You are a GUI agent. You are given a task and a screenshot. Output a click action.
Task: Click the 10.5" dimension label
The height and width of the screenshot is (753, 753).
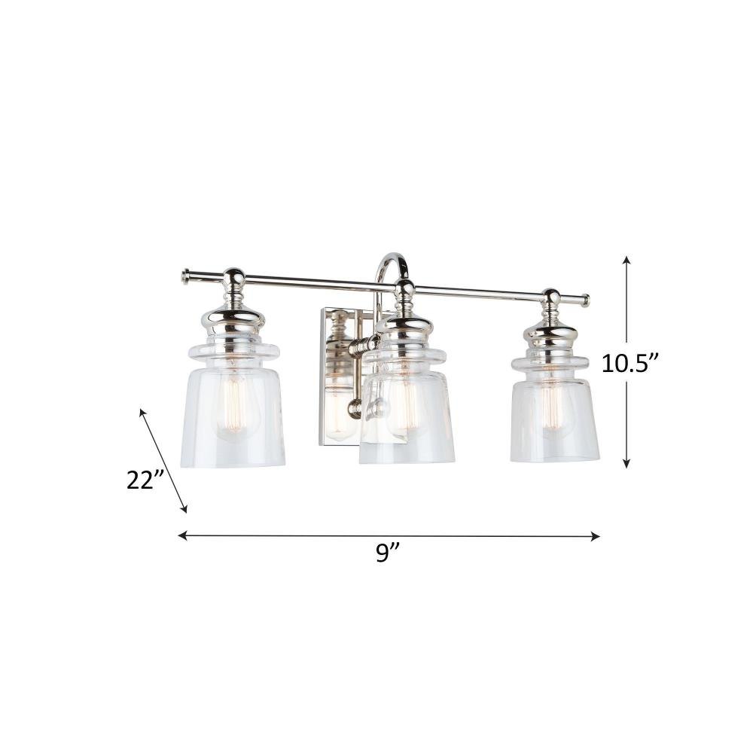[629, 364]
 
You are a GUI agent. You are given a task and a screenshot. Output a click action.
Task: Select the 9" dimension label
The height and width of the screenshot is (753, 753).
[388, 553]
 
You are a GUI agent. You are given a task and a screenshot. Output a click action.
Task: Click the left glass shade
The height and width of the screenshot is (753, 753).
[233, 405]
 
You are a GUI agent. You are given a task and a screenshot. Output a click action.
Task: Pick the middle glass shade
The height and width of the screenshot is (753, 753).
[407, 406]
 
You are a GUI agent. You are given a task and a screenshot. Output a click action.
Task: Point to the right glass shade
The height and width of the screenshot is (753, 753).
[555, 409]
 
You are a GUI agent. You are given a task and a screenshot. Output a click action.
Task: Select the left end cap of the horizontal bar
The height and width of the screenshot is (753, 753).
[185, 276]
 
